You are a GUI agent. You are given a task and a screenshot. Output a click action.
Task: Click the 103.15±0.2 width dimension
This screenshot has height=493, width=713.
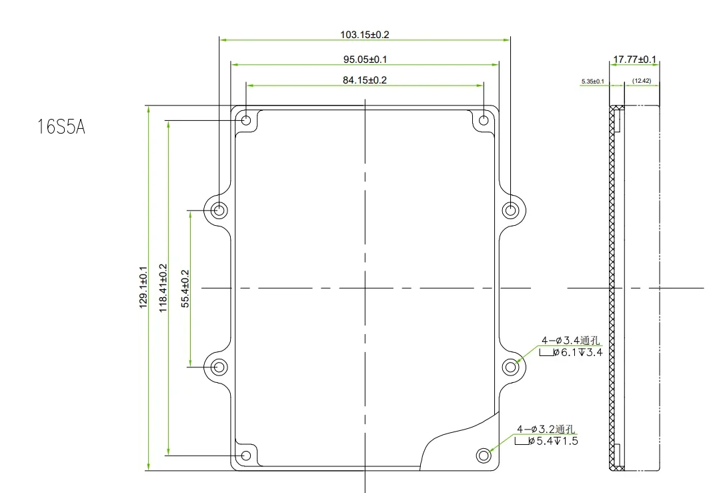(x=365, y=35)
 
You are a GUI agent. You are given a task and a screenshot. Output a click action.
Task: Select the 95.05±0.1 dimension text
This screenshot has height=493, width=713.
(x=365, y=59)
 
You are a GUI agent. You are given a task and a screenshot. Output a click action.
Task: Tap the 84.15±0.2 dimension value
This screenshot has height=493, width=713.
(x=365, y=80)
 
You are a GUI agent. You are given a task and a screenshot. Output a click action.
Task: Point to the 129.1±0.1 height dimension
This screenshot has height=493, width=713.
(x=143, y=287)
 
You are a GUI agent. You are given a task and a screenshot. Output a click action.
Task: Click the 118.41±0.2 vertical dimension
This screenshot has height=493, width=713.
(x=163, y=288)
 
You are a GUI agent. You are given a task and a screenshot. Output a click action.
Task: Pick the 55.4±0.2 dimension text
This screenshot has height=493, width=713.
(x=185, y=289)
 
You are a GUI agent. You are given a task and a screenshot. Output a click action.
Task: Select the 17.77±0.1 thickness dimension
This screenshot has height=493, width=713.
(x=635, y=59)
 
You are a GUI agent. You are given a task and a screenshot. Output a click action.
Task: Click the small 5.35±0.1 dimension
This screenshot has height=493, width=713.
(x=592, y=81)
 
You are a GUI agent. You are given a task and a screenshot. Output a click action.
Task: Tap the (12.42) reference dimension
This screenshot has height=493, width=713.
(x=642, y=81)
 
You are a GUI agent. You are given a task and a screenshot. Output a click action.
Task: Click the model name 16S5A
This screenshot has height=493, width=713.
(x=61, y=127)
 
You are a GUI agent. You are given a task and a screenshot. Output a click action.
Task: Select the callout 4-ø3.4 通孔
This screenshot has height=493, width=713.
(x=570, y=341)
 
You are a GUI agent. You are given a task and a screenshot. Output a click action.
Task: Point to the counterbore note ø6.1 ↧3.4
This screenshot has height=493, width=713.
(x=571, y=352)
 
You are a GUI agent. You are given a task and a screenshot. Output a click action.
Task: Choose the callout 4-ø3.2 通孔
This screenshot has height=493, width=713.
(x=546, y=430)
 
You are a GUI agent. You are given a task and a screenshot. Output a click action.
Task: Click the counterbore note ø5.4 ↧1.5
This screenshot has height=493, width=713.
(x=546, y=441)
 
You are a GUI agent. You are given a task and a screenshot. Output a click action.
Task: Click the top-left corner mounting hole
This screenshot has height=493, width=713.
(x=246, y=120)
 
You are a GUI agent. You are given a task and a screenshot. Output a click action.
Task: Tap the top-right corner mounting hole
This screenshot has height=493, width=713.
(x=484, y=120)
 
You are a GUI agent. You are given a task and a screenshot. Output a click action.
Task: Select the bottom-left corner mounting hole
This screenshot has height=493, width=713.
(x=246, y=455)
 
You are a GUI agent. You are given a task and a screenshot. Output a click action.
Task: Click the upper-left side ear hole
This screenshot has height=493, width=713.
(x=219, y=210)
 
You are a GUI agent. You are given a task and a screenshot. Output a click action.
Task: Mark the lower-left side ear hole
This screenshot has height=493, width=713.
(x=219, y=367)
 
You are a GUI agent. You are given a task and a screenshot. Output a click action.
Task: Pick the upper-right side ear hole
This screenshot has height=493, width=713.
(x=511, y=210)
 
